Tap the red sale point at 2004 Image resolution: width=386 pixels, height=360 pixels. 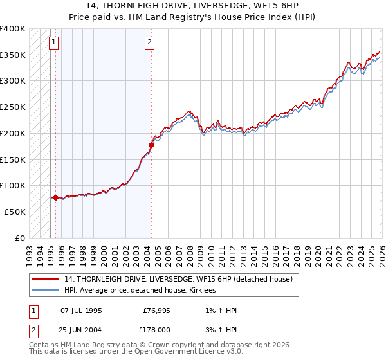click(x=152, y=145)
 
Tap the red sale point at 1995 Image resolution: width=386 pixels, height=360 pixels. click(x=56, y=198)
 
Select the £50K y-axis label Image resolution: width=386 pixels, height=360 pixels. click(x=15, y=212)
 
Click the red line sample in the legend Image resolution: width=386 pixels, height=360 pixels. click(x=46, y=280)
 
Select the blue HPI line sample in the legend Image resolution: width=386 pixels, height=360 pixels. click(x=46, y=291)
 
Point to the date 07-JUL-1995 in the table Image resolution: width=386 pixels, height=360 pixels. click(x=81, y=310)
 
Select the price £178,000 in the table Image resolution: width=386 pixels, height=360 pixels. click(x=156, y=330)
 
